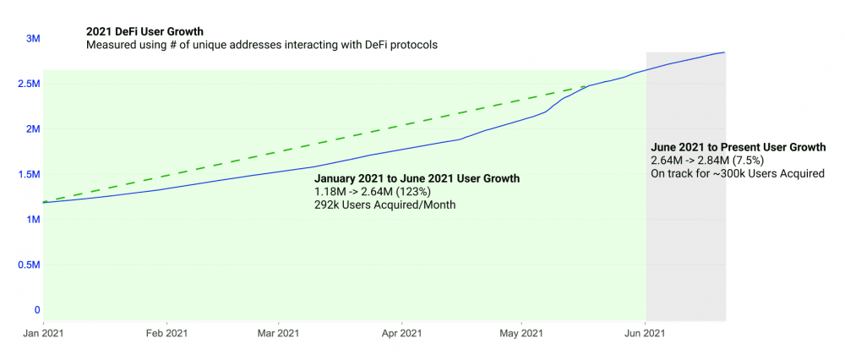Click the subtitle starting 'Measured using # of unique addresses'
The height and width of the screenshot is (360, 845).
click(262, 45)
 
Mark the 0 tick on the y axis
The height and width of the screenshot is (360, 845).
click(36, 310)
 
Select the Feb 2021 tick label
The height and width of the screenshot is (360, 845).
click(166, 335)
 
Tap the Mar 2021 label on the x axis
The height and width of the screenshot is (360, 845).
click(278, 335)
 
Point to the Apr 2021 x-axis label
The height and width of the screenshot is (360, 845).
click(401, 335)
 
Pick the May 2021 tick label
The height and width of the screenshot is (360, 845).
click(521, 335)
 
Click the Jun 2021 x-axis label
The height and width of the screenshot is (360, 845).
click(646, 335)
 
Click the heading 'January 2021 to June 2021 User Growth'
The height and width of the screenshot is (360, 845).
click(417, 179)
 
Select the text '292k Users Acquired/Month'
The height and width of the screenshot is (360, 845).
click(385, 206)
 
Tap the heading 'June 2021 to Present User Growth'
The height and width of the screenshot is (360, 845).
click(738, 147)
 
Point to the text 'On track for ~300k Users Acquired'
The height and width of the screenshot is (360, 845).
click(737, 174)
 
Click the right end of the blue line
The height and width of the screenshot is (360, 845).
click(725, 53)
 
